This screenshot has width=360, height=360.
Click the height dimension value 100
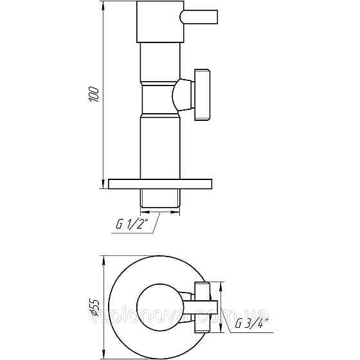coord(95,94)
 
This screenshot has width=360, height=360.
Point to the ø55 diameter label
coord(95,302)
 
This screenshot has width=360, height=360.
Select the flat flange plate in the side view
coord(161,183)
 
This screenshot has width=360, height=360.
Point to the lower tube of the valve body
coord(161,148)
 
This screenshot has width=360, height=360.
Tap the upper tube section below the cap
coord(161,58)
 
